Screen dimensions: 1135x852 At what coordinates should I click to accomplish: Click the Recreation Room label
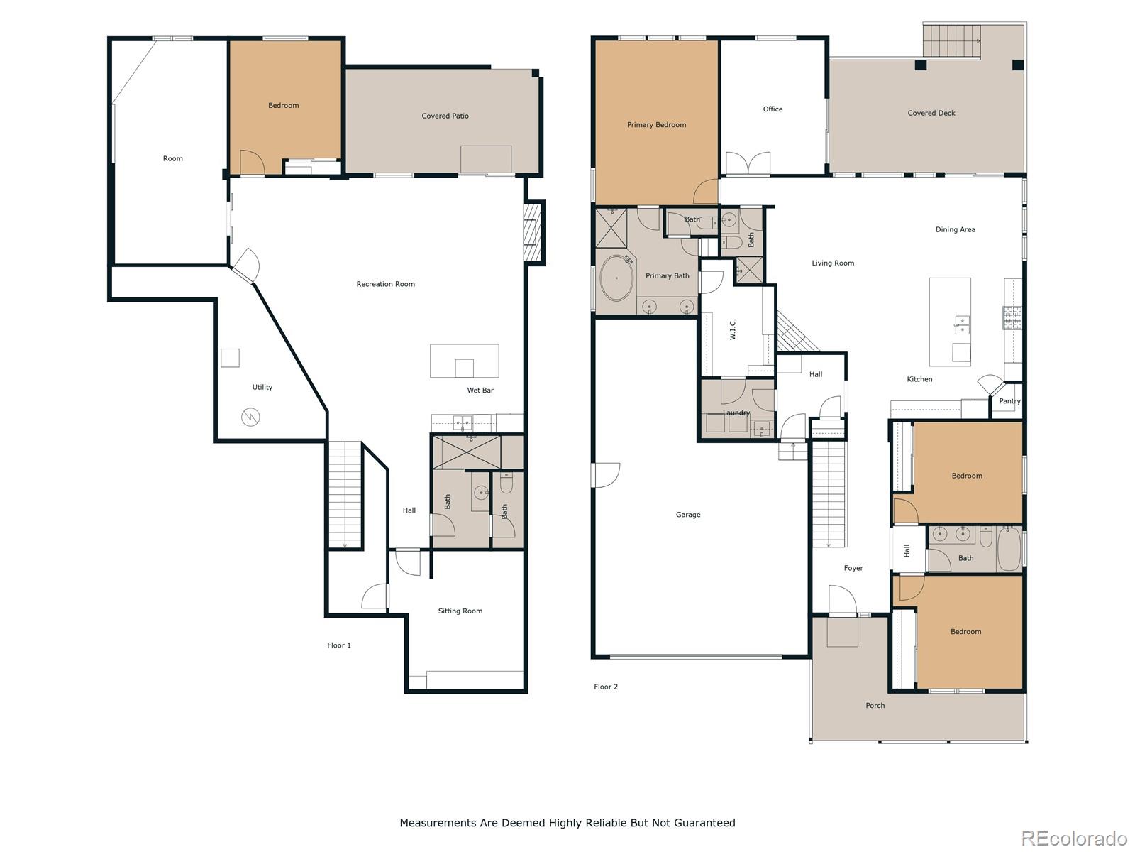coord(385,284)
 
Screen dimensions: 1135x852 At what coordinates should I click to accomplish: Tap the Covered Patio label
coord(445,116)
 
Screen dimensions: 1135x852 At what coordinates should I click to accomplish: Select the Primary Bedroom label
coord(656,125)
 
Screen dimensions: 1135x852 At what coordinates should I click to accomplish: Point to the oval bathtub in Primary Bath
coord(616,278)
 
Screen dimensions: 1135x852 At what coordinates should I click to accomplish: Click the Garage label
coord(687,515)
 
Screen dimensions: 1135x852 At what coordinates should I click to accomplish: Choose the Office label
coord(773,109)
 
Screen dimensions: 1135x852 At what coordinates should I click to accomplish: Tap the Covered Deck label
coord(931,114)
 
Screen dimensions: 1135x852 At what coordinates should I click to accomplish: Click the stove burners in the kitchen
coord(1012,317)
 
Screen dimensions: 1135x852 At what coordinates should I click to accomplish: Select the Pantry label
coord(1009,401)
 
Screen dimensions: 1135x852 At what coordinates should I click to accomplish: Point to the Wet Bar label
coord(480,390)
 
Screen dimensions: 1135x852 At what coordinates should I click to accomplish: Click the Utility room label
coord(262,388)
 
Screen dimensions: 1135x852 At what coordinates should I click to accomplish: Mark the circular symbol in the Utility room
coord(250,417)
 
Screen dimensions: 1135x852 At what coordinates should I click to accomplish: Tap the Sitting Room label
coord(460,611)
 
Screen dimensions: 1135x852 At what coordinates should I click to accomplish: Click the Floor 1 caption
coord(338,645)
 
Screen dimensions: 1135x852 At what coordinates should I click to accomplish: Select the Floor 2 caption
coord(606,687)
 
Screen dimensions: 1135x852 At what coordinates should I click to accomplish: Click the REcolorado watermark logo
coord(1074,837)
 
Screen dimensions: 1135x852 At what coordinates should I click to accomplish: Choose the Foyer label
coord(853,568)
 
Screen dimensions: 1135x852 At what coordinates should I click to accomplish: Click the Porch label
coord(875,706)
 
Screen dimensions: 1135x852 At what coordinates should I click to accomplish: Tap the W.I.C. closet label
coord(732,329)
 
